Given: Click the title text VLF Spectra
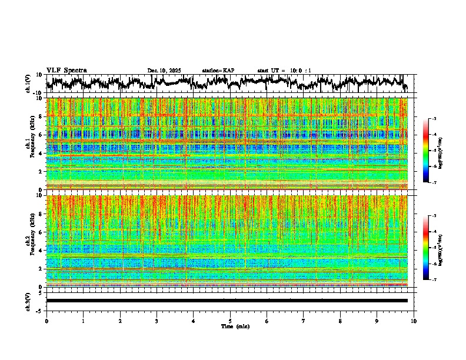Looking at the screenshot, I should coord(66,70).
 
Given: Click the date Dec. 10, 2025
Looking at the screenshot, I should coord(164,71).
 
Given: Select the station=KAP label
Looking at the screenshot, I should coord(218,71).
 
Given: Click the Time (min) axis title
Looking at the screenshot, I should coord(235,326).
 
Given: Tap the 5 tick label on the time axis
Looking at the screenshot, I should coord(230,321).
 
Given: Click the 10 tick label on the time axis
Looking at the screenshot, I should coord(414,321).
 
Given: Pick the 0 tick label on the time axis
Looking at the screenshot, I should coord(46,321).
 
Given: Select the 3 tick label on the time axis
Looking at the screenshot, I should coord(157,321).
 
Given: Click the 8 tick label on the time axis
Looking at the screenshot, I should coord(340,321).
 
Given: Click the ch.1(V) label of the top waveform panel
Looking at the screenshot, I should coord(28,84).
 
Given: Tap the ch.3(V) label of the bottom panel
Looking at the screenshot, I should coord(28,301).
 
